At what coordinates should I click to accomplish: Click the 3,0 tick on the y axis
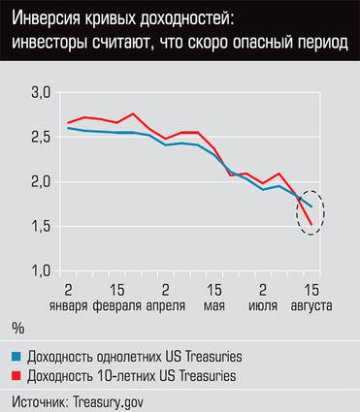tap(39, 93)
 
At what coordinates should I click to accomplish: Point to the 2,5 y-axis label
tap(39, 138)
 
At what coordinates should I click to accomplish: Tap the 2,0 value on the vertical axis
tap(39, 182)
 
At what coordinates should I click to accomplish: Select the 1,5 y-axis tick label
tap(39, 227)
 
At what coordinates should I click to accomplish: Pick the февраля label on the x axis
tap(116, 305)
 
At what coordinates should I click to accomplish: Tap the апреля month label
tap(166, 305)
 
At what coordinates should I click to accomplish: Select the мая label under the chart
tap(213, 305)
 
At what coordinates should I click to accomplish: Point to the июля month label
tap(263, 305)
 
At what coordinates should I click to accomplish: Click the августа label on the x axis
tap(311, 305)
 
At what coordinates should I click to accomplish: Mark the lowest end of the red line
tap(311, 225)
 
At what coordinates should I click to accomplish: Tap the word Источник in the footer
tap(40, 398)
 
